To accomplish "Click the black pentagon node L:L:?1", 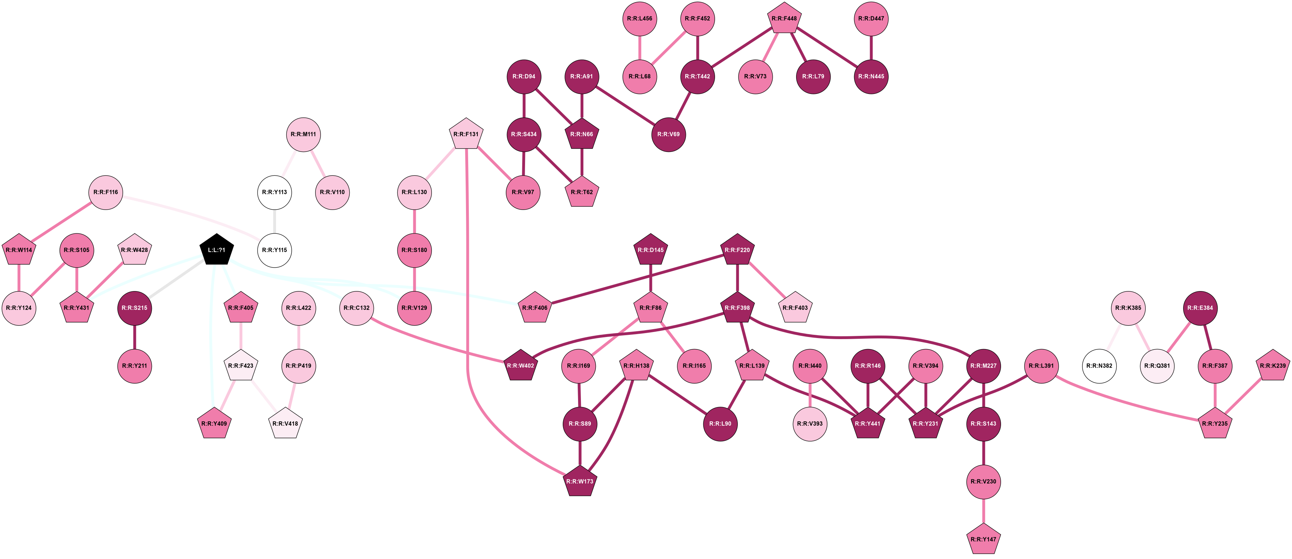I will point(217,250).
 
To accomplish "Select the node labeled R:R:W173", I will point(580,482).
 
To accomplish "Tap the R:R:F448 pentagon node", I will point(784,19).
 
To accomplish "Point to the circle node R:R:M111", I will point(303,135).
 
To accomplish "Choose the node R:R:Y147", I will point(984,539).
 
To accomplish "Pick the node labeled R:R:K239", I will point(1273,366).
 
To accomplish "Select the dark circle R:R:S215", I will point(134,308).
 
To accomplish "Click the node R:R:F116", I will point(106,192).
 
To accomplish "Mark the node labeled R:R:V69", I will point(668,135).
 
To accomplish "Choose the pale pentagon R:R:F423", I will point(241,366).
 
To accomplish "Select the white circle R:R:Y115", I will point(274,250).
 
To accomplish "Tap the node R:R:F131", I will point(466,135).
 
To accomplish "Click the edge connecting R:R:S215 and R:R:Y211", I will point(134,337).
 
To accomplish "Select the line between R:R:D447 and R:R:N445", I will point(871,48).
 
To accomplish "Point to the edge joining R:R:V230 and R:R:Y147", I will point(984,511).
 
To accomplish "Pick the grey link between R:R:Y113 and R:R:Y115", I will point(274,221).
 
